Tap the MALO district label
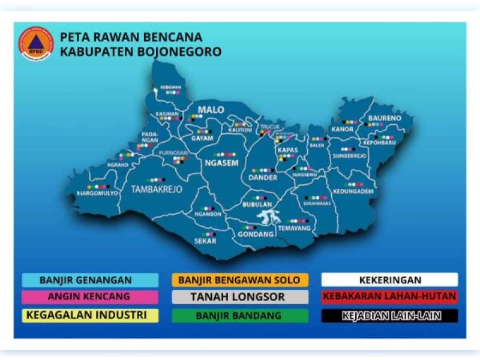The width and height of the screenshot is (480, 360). click(x=212, y=110)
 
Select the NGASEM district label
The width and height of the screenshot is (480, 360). click(x=221, y=163)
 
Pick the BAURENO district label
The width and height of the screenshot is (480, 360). click(x=384, y=118)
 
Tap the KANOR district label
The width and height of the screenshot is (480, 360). click(x=342, y=129)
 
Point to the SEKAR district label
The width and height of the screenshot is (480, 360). click(x=205, y=241)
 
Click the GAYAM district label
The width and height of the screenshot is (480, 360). click(x=202, y=138)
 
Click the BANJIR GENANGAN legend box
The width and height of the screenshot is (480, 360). click(x=90, y=280)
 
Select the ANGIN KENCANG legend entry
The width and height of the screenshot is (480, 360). click(x=90, y=297)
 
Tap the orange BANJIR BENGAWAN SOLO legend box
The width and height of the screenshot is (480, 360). click(x=239, y=280)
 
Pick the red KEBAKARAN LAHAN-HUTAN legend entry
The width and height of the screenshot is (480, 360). click(x=389, y=297)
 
